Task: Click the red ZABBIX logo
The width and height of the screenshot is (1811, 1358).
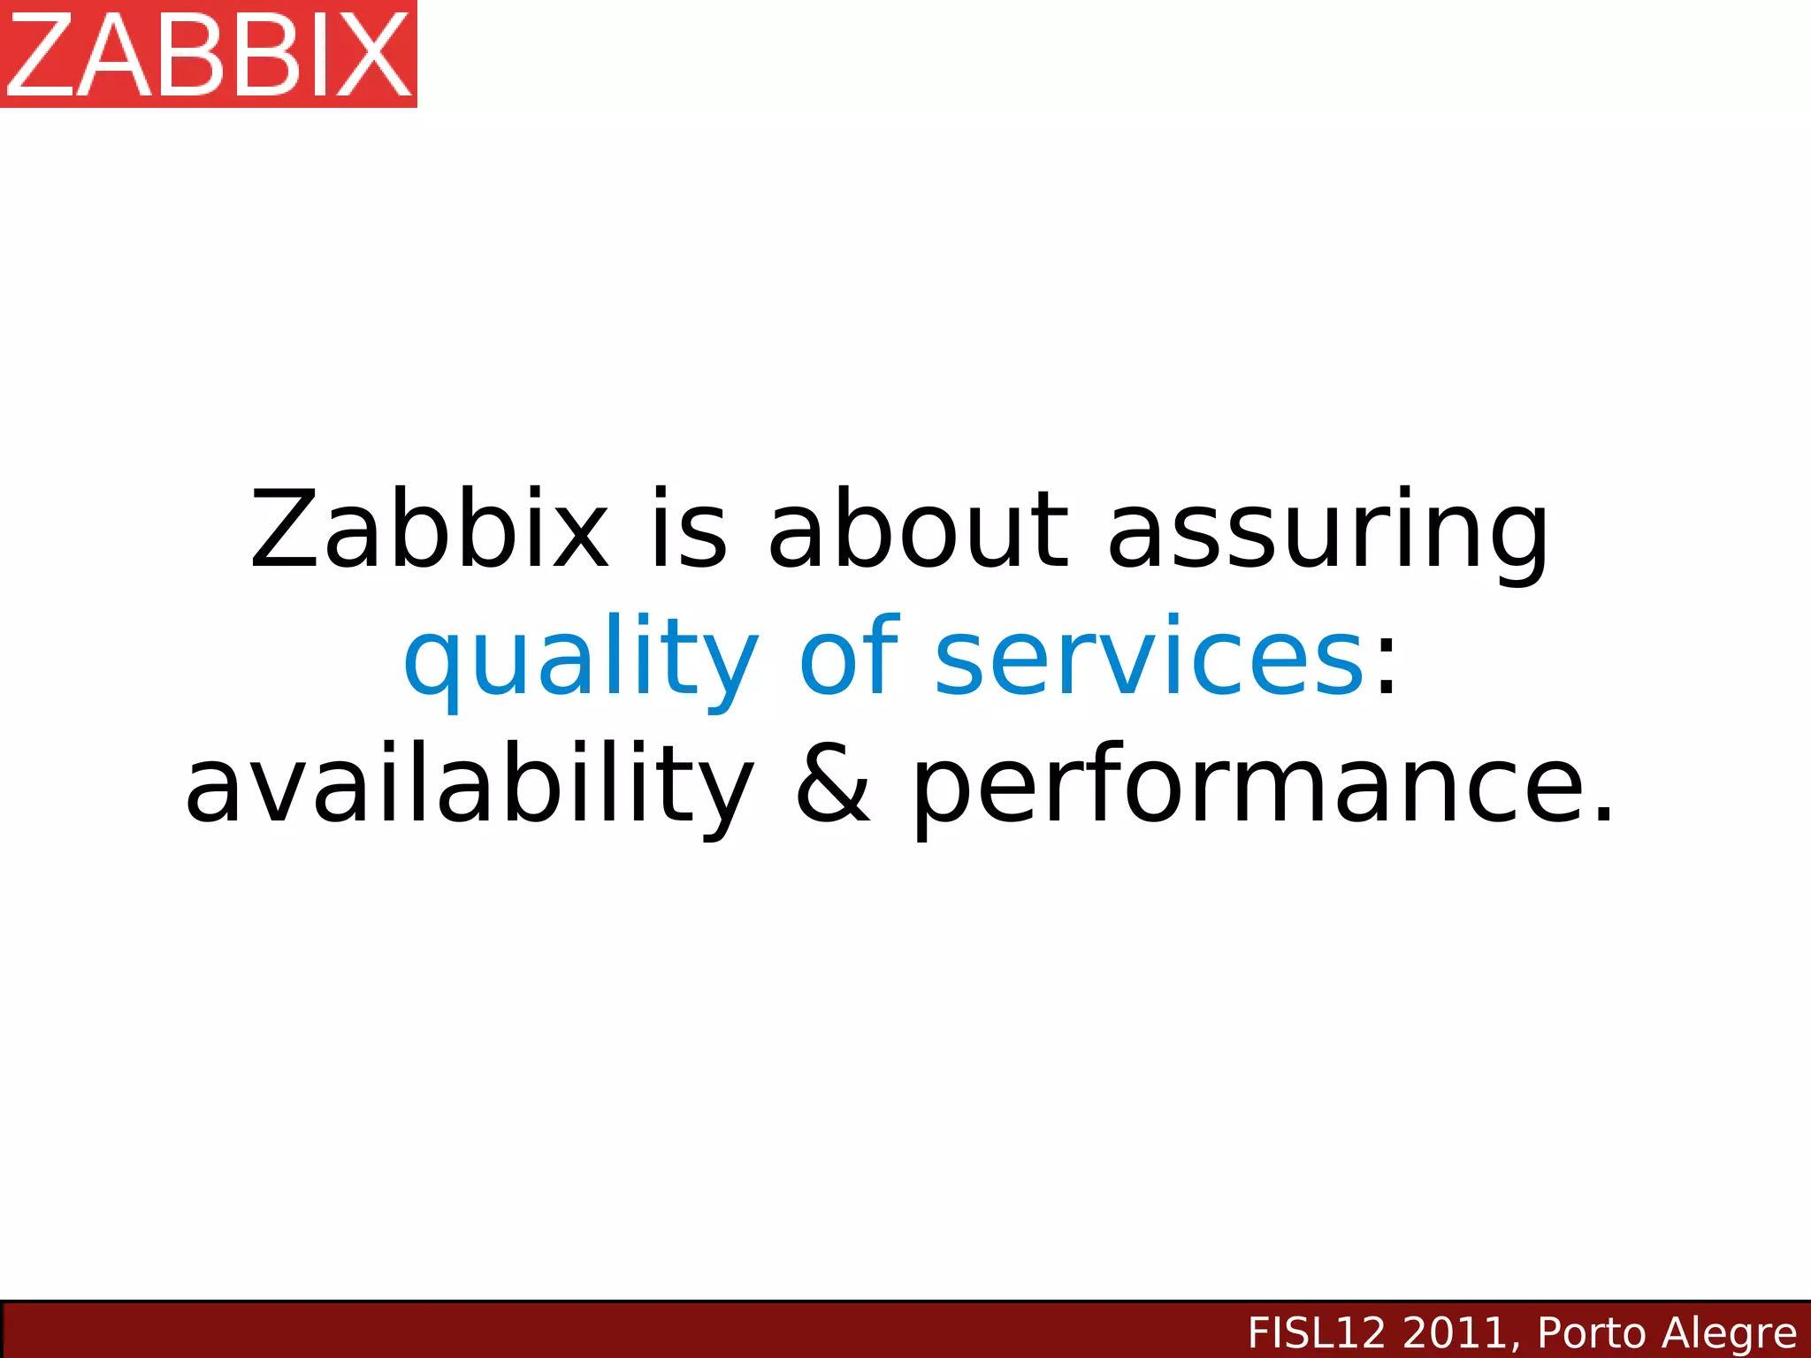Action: tap(209, 54)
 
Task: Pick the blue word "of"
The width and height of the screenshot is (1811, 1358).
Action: tap(849, 656)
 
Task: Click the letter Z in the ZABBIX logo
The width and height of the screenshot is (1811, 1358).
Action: tap(40, 55)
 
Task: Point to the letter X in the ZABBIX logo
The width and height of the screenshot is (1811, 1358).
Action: tap(376, 55)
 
